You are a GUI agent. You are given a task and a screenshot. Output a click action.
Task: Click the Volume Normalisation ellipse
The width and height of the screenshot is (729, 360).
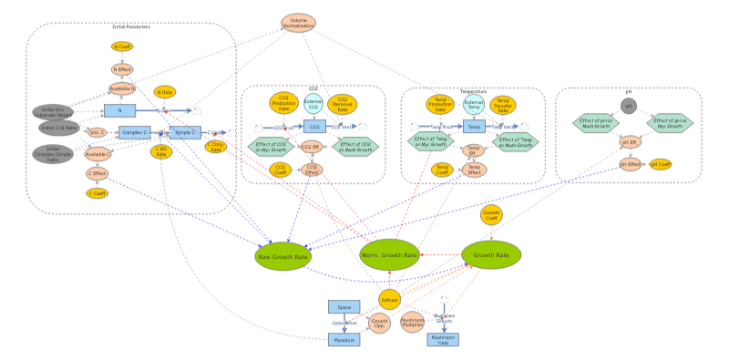tap(298, 24)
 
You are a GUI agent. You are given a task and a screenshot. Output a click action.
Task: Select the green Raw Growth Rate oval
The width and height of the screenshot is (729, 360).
tap(283, 256)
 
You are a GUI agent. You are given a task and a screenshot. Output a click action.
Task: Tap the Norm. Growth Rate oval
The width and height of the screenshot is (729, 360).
tap(388, 254)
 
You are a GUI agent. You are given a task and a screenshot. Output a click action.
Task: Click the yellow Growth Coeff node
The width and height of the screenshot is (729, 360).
tap(492, 216)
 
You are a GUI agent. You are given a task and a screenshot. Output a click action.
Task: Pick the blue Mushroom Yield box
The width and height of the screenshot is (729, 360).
tap(443, 339)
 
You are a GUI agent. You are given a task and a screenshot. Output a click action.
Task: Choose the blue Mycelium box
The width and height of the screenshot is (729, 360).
tap(344, 339)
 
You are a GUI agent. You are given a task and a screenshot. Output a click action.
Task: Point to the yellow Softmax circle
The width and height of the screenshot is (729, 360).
tap(390, 299)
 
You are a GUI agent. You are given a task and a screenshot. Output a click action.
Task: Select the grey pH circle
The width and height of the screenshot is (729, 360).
tap(628, 106)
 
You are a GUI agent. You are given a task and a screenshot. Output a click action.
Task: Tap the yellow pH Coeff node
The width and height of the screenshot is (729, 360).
tap(660, 164)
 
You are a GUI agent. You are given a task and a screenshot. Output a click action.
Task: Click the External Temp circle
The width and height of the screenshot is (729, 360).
tap(474, 105)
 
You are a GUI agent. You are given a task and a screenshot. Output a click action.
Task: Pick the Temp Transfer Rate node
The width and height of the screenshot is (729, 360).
tap(503, 106)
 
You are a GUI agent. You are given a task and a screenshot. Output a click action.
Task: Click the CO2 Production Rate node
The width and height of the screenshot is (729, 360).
tap(283, 105)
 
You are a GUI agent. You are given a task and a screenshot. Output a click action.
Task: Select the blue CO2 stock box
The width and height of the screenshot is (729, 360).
tap(313, 127)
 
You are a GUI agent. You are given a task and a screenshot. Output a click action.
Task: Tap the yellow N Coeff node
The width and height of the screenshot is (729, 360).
tap(121, 46)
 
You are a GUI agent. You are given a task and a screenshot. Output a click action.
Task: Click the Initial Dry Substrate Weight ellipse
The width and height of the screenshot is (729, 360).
tap(52, 111)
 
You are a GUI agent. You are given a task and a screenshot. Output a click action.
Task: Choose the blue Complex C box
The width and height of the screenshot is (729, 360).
tap(134, 132)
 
